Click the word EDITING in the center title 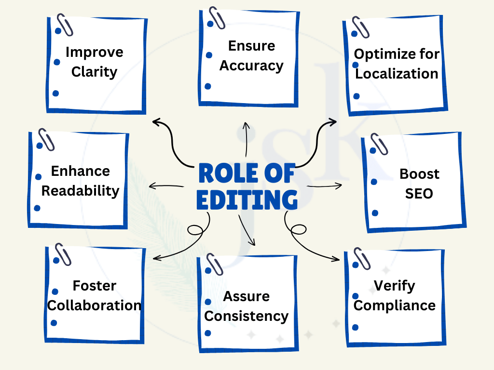pyautogui.click(x=247, y=200)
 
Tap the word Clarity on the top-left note pyautogui.click(x=95, y=72)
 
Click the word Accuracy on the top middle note pyautogui.click(x=251, y=66)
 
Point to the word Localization pyautogui.click(x=397, y=74)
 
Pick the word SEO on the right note pyautogui.click(x=419, y=194)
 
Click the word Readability pyautogui.click(x=80, y=190)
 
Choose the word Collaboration pyautogui.click(x=94, y=305)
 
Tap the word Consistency pyautogui.click(x=247, y=317)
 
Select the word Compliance pyautogui.click(x=395, y=305)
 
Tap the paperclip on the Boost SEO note pyautogui.click(x=379, y=143)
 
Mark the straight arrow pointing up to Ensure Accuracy pyautogui.click(x=246, y=140)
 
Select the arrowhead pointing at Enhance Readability pyautogui.click(x=151, y=186)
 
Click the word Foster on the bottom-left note pyautogui.click(x=95, y=286)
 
